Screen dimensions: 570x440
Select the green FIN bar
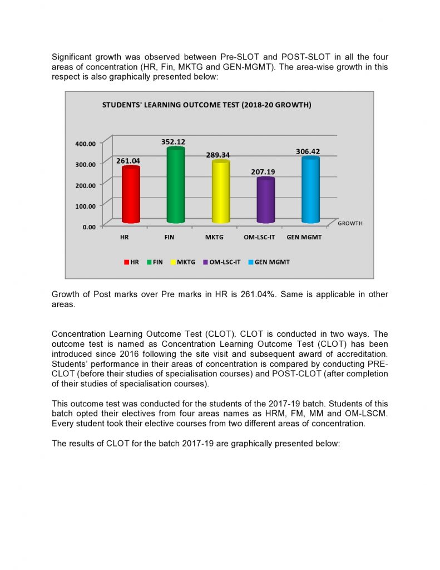(x=175, y=186)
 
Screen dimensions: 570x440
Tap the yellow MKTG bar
(x=220, y=192)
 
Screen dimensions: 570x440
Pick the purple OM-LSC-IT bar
(x=265, y=200)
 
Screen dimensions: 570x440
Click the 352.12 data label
(x=172, y=142)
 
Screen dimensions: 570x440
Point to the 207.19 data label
(x=263, y=172)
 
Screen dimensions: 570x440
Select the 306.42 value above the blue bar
(x=308, y=151)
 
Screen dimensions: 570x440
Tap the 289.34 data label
(x=218, y=155)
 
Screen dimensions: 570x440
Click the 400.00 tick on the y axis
(x=85, y=144)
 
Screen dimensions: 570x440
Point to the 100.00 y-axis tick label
(x=85, y=205)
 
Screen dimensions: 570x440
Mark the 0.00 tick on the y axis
(x=89, y=227)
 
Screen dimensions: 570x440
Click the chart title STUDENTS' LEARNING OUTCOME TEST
(x=206, y=105)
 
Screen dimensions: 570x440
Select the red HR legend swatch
(x=127, y=262)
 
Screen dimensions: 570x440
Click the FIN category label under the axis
(x=170, y=237)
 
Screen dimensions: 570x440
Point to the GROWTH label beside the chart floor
(x=350, y=223)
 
